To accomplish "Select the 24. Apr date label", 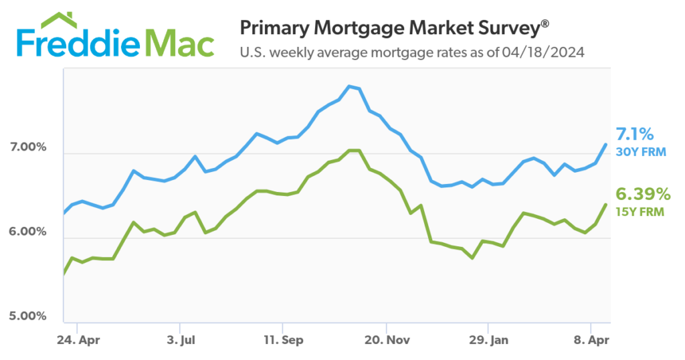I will pos(79,340).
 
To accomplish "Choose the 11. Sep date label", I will pos(283,340).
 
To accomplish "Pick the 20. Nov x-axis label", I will pos(385,340).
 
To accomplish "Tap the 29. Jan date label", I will pos(488,340).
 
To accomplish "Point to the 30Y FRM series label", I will pos(641,152).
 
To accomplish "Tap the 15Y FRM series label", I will pos(641,212).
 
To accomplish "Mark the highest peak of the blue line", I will pos(349,86).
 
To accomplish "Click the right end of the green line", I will pos(606,204).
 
